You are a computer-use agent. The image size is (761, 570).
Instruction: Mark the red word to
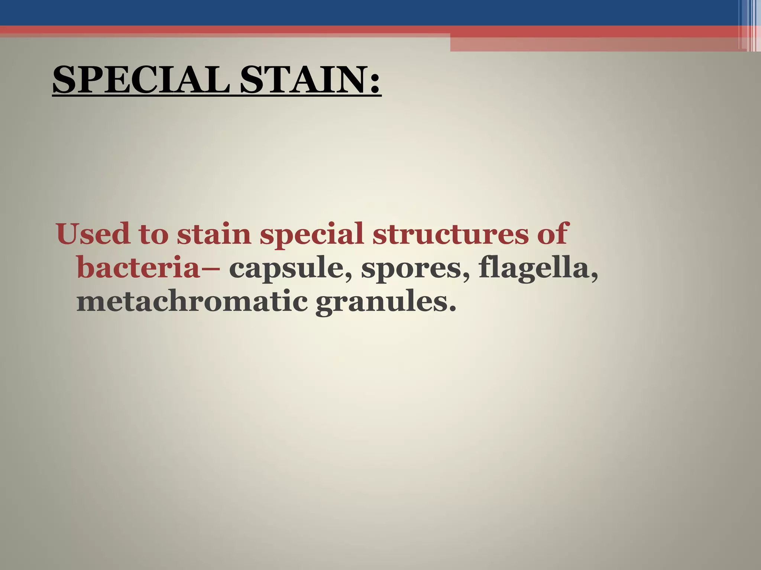[x=154, y=235]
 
